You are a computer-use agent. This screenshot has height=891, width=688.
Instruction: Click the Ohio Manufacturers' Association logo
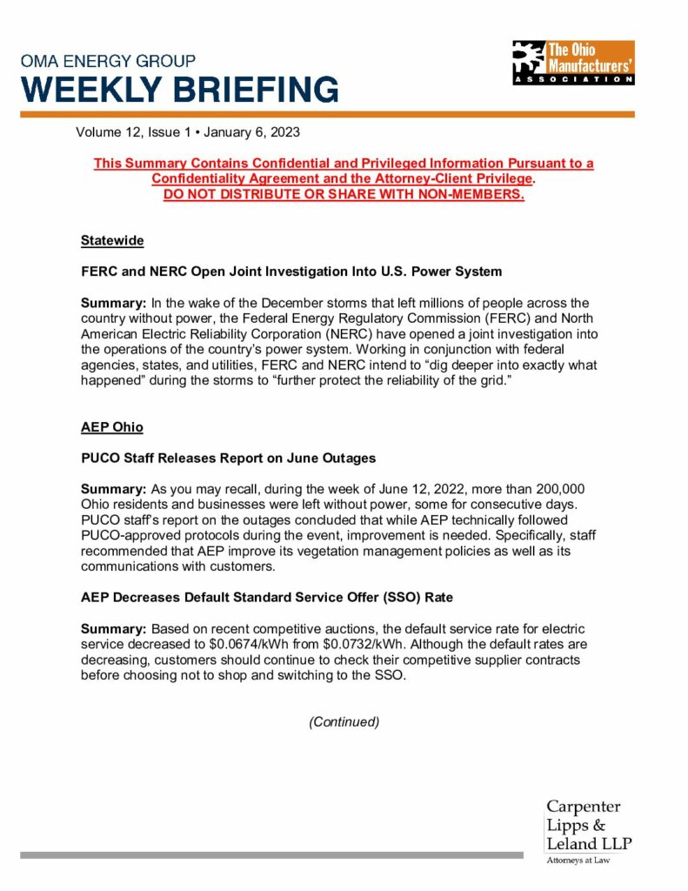(x=573, y=62)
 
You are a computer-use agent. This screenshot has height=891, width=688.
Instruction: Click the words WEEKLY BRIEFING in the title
(x=180, y=90)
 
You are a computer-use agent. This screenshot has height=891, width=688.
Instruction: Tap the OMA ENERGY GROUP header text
(x=110, y=61)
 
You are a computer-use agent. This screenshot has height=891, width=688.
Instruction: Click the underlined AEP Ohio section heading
(x=112, y=428)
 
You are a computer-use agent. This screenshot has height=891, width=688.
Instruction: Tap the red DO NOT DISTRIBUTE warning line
(x=344, y=193)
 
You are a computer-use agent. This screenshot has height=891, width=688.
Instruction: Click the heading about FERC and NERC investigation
(x=291, y=271)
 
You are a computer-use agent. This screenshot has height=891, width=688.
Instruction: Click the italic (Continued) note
(x=344, y=722)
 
